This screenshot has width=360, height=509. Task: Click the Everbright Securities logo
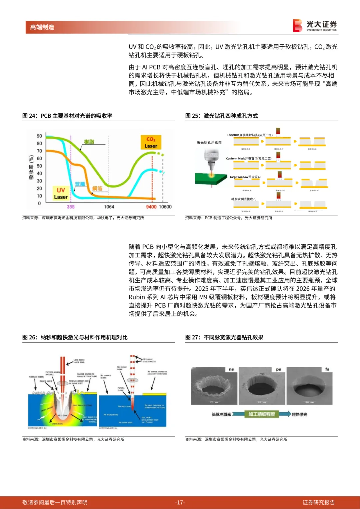pyautogui.click(x=315, y=26)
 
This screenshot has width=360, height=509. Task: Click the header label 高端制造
pyautogui.click(x=42, y=27)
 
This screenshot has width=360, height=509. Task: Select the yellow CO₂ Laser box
pyautogui.click(x=151, y=142)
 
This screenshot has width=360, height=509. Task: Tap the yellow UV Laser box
pyautogui.click(x=61, y=193)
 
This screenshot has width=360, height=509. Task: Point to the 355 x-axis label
pyautogui.click(x=71, y=207)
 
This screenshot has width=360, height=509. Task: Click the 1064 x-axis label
pyautogui.click(x=109, y=207)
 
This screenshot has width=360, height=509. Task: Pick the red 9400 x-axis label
pyautogui.click(x=151, y=207)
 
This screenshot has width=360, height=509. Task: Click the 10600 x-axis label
pyautogui.click(x=165, y=207)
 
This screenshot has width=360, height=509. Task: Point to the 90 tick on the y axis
pyautogui.click(x=39, y=136)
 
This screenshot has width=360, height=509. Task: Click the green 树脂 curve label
pyautogui.click(x=89, y=142)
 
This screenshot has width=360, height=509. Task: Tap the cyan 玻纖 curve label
pyautogui.click(x=80, y=184)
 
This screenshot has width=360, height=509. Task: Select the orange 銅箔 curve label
pyautogui.click(x=97, y=188)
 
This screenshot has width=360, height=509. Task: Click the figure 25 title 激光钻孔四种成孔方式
pyautogui.click(x=231, y=116)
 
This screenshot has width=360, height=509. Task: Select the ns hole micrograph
pyautogui.click(x=214, y=386)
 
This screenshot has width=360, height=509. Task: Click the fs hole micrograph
pyautogui.click(x=309, y=386)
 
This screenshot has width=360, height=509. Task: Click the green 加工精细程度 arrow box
pyautogui.click(x=262, y=414)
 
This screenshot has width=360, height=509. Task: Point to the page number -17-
pyautogui.click(x=180, y=502)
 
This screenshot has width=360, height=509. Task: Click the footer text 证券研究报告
pyautogui.click(x=318, y=502)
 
